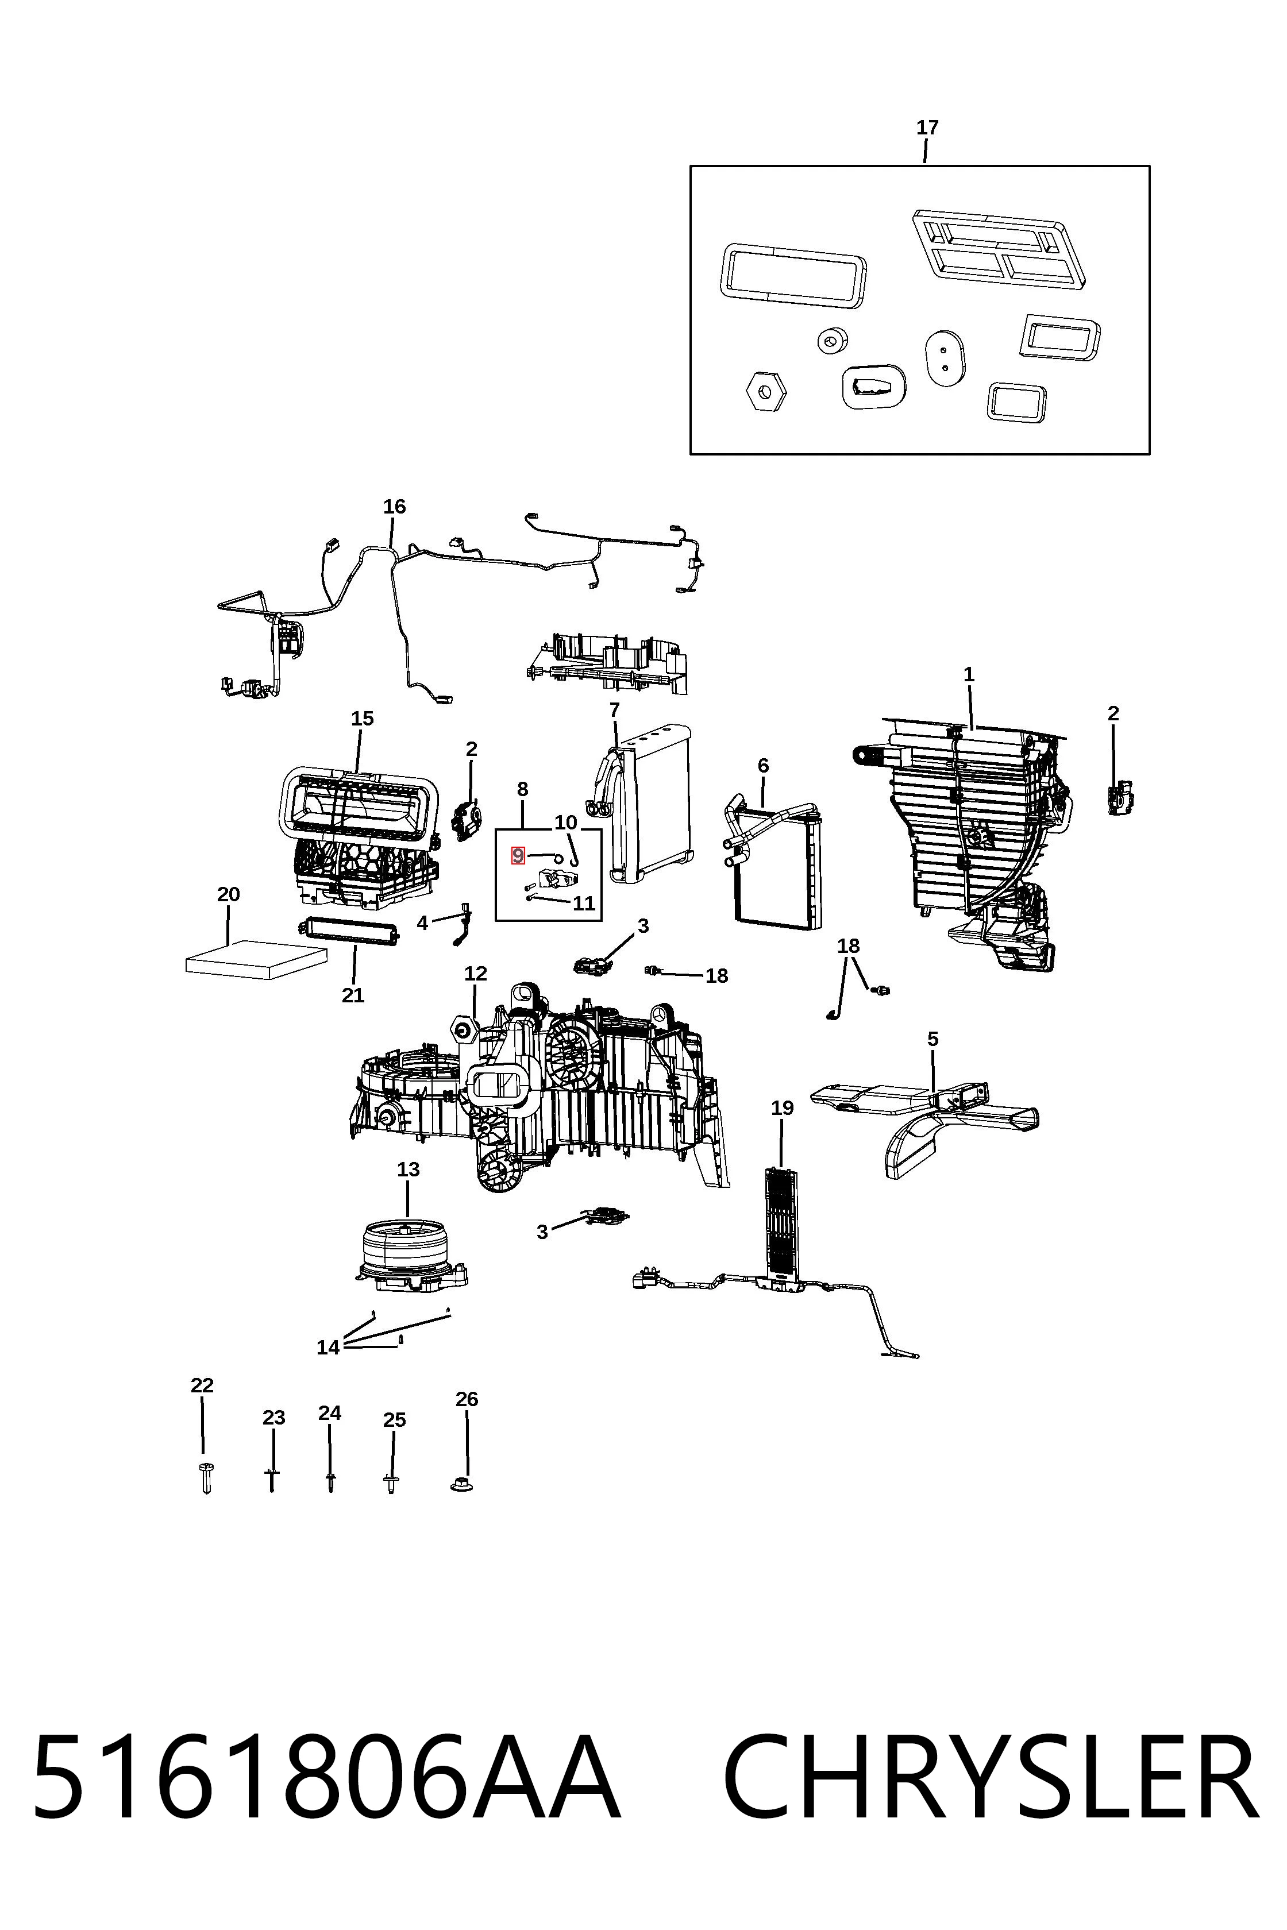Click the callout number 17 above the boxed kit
[927, 128]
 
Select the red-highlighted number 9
[518, 856]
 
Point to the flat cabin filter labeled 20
[256, 957]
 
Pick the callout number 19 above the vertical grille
[782, 1108]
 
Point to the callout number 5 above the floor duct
[933, 1039]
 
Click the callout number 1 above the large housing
[969, 674]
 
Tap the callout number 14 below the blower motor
[328, 1348]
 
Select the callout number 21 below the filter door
[353, 995]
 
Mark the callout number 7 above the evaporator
[615, 709]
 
